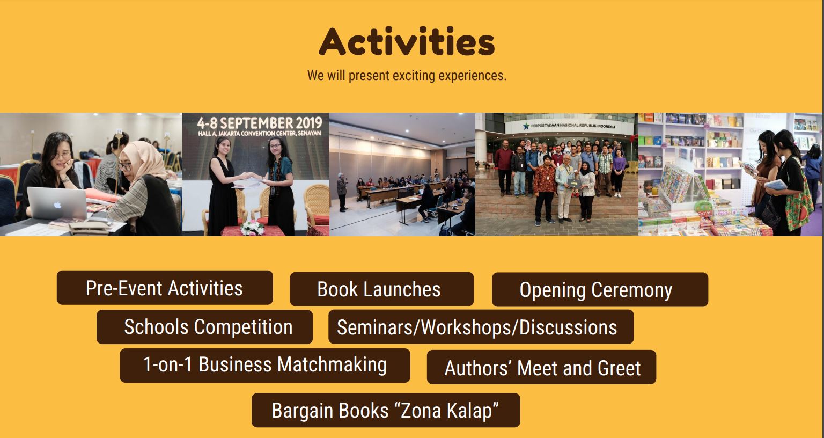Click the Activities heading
pyautogui.click(x=407, y=41)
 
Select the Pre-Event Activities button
pyautogui.click(x=165, y=288)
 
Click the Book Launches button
pyautogui.click(x=381, y=289)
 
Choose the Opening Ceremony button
pyautogui.click(x=600, y=289)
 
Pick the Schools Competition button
pyautogui.click(x=204, y=327)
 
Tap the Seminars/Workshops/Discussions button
pyautogui.click(x=481, y=327)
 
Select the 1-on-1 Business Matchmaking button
pyautogui.click(x=265, y=366)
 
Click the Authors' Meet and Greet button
pyautogui.click(x=541, y=367)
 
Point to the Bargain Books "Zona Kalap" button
pyautogui.click(x=386, y=410)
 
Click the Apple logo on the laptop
pyautogui.click(x=57, y=205)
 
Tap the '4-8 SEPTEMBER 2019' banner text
pyautogui.click(x=259, y=122)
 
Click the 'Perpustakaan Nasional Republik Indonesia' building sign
pyautogui.click(x=573, y=126)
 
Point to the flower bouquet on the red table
pyautogui.click(x=252, y=228)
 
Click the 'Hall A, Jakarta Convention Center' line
pyautogui.click(x=259, y=134)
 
